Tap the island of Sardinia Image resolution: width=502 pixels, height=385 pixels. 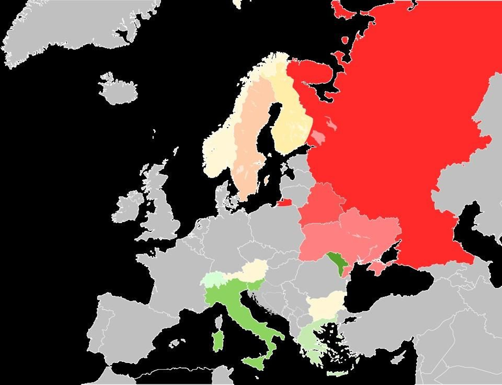tap(217, 342)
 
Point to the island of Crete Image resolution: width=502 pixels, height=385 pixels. tap(337, 374)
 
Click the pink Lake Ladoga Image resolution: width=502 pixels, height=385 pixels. tap(318, 137)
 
